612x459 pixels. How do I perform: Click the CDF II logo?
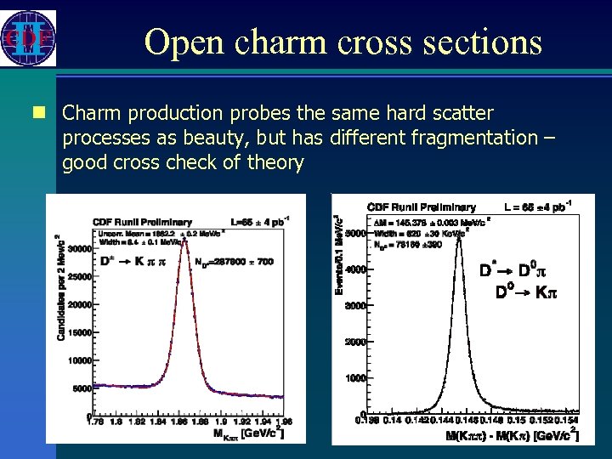29,38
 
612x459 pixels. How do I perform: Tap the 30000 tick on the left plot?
79,248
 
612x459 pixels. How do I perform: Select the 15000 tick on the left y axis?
79,332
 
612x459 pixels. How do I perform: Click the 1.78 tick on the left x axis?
96,421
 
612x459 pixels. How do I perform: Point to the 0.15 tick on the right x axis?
516,420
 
